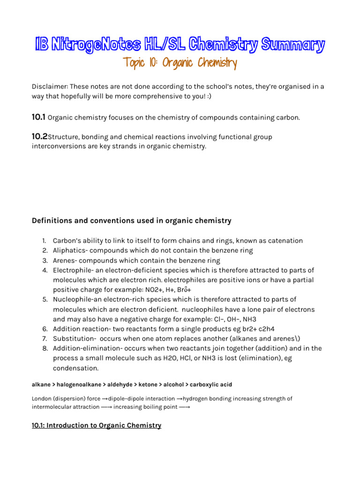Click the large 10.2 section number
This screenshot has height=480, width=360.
[39, 137]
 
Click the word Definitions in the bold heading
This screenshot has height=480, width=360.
[52, 220]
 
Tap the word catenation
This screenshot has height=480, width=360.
[284, 240]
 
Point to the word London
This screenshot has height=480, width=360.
[42, 398]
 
